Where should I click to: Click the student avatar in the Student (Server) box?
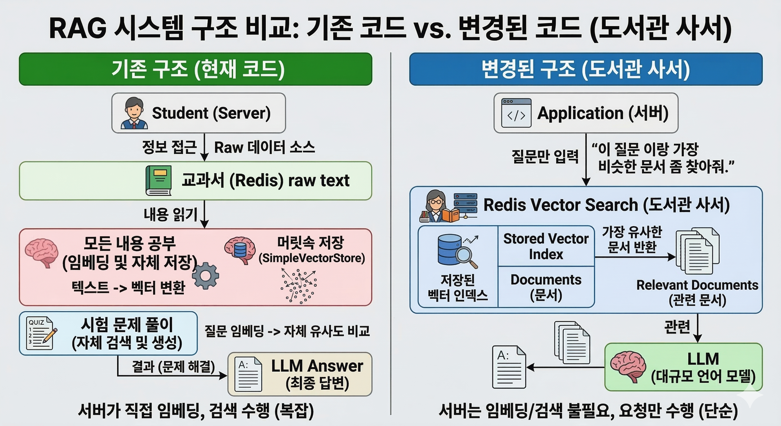click(134, 113)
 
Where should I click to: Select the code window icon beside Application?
click(516, 113)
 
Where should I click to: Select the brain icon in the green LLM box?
click(628, 367)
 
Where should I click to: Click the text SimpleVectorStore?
click(312, 258)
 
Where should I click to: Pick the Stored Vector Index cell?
click(546, 246)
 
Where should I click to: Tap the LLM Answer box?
click(300, 374)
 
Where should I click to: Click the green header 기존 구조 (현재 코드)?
click(196, 69)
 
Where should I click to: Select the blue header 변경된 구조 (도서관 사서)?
click(585, 69)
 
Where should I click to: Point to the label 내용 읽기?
click(170, 214)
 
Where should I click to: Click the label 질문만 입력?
click(545, 156)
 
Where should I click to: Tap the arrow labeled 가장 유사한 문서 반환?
click(635, 257)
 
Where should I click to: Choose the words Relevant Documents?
click(697, 285)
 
